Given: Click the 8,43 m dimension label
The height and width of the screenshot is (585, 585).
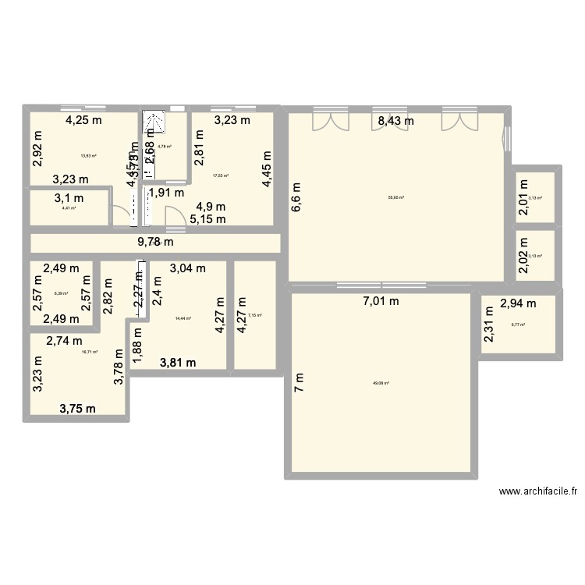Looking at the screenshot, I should [395, 120].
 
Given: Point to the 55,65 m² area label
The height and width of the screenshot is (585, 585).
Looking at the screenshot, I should [397, 197].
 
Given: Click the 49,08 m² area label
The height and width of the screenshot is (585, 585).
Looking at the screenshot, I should [381, 383].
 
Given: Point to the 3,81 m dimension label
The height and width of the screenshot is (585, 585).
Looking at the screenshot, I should [178, 362].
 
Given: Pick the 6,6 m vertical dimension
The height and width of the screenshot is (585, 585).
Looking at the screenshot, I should [296, 197].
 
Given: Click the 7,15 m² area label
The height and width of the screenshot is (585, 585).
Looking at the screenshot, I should [254, 315].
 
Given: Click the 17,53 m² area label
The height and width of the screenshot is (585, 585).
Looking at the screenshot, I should [220, 175].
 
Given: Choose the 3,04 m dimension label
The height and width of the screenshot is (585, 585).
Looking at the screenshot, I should [188, 269].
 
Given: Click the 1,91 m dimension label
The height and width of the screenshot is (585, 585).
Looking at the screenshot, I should [166, 193].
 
